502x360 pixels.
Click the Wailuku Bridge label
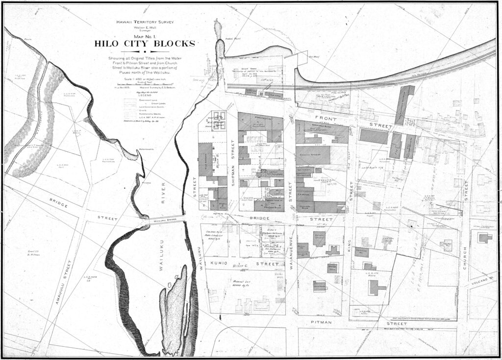click(x=165, y=221)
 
